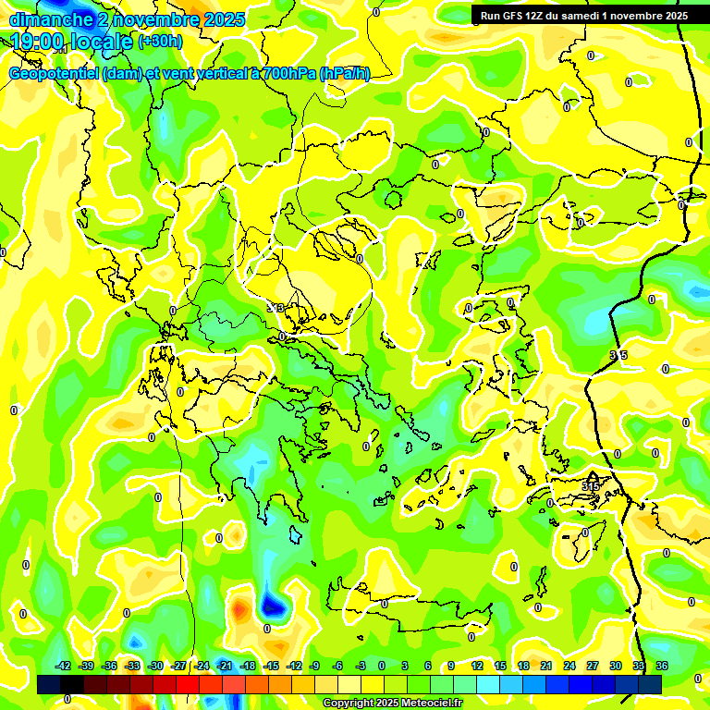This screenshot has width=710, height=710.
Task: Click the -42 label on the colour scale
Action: (x=64, y=666)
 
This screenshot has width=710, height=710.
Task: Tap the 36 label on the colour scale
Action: (x=662, y=666)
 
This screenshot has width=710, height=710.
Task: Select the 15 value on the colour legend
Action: (x=499, y=666)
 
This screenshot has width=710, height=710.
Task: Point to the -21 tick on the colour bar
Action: (x=225, y=666)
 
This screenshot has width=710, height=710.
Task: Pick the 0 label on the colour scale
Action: (x=382, y=666)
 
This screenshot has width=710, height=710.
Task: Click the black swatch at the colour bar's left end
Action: (x=50, y=685)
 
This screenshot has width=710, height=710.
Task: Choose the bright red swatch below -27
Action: (x=189, y=685)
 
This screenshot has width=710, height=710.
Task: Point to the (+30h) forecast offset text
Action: (x=160, y=42)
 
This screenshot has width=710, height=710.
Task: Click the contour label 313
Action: (x=275, y=308)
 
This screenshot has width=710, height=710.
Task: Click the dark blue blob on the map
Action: (x=273, y=606)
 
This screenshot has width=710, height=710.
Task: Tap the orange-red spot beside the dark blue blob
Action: (x=240, y=609)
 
